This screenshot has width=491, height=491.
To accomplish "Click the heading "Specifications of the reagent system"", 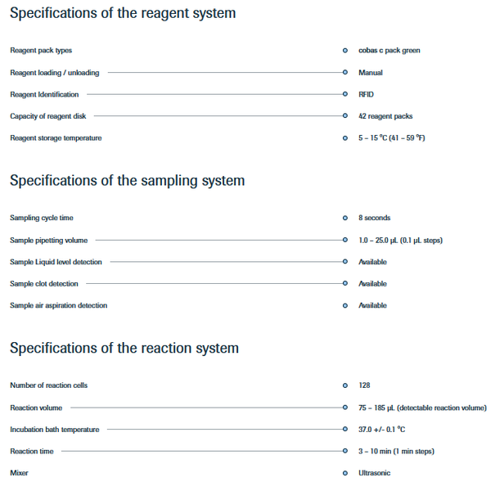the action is coord(123,13).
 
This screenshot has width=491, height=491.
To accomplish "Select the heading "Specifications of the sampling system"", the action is coord(127,181).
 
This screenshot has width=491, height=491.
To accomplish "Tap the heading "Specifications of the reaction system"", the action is coord(124,349).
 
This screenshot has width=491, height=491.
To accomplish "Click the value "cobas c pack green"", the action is coord(390,51).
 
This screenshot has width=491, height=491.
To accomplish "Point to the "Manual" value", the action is coord(371,73).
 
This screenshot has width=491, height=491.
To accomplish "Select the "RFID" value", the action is coord(366,94).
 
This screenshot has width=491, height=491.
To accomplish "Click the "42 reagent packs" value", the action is coord(385,116).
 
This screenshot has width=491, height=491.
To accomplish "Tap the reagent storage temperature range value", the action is coord(392,138).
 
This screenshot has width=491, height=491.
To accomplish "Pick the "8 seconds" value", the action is coord(375,218).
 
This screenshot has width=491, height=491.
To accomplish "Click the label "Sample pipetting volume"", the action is coord(49,241).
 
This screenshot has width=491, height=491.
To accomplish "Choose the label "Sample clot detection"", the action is coord(44,284).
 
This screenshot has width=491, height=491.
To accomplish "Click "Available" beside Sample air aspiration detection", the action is coord(372,305).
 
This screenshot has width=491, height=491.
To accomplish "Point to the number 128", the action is coord(364,385).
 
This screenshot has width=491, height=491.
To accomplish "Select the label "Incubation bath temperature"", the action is coord(55,430).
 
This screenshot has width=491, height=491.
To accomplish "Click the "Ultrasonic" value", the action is coord(375,473).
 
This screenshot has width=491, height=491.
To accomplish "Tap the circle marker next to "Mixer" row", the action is coord(345,473).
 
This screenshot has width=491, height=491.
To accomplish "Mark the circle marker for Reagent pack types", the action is coord(345,51).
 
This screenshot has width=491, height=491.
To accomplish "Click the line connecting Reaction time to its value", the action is coord(202,451).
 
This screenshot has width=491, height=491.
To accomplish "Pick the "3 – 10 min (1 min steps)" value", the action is coord(396,451).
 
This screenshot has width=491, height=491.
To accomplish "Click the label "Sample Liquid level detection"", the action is coord(56,262).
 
